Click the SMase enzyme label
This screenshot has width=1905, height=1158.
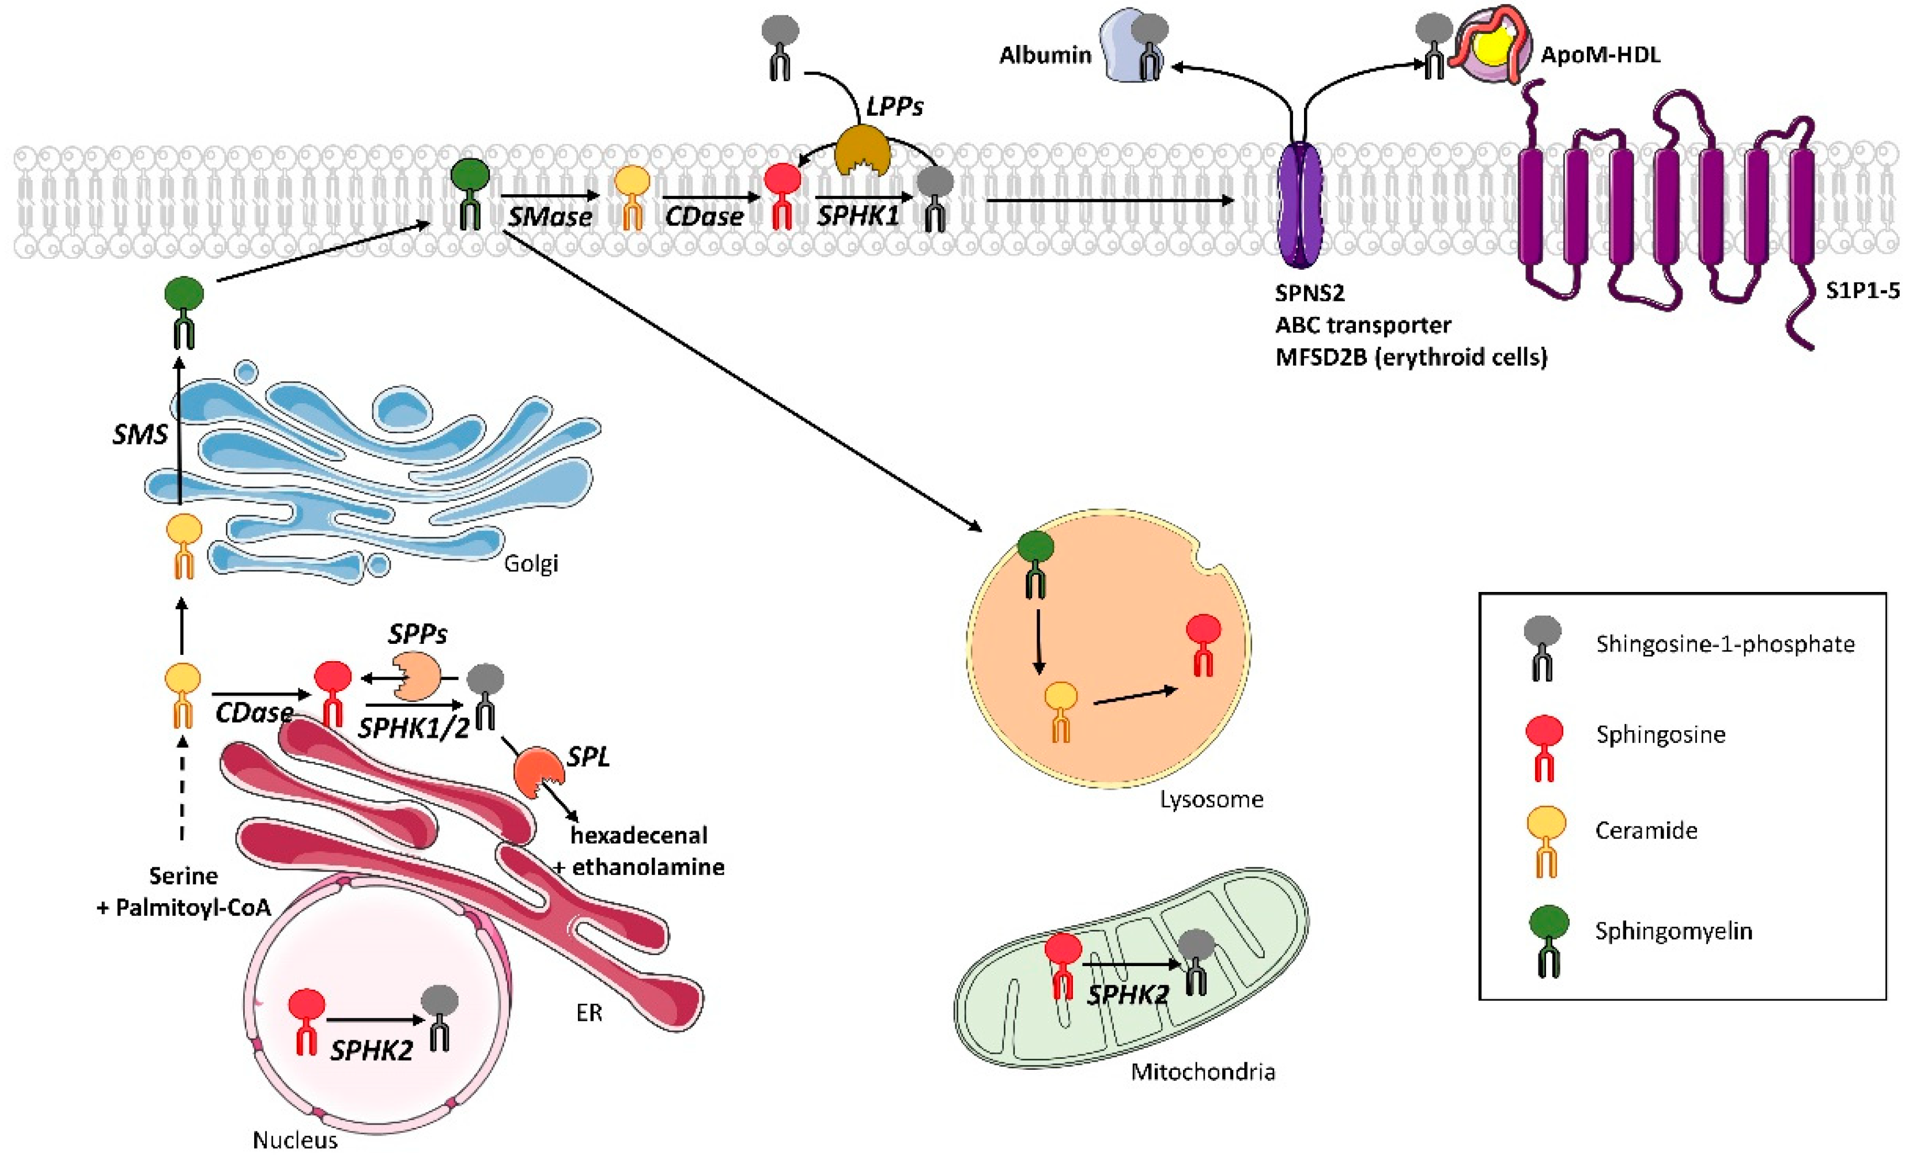coord(550,217)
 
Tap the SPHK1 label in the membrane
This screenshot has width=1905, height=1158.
coord(858,216)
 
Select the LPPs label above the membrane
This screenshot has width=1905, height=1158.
coord(894,106)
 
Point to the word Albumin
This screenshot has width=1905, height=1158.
coord(1045,55)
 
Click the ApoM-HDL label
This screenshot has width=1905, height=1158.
coord(1600,55)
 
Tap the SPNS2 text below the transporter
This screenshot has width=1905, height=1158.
coord(1310,293)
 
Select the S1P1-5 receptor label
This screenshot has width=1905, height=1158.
coord(1862,291)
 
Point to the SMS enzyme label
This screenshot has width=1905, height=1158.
coord(140,435)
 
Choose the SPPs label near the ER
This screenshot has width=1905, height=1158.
coord(418,634)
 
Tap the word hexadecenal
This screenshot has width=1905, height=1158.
coord(638,835)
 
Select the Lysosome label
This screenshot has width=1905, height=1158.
coord(1211,799)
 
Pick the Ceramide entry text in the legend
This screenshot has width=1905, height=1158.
coord(1646,831)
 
